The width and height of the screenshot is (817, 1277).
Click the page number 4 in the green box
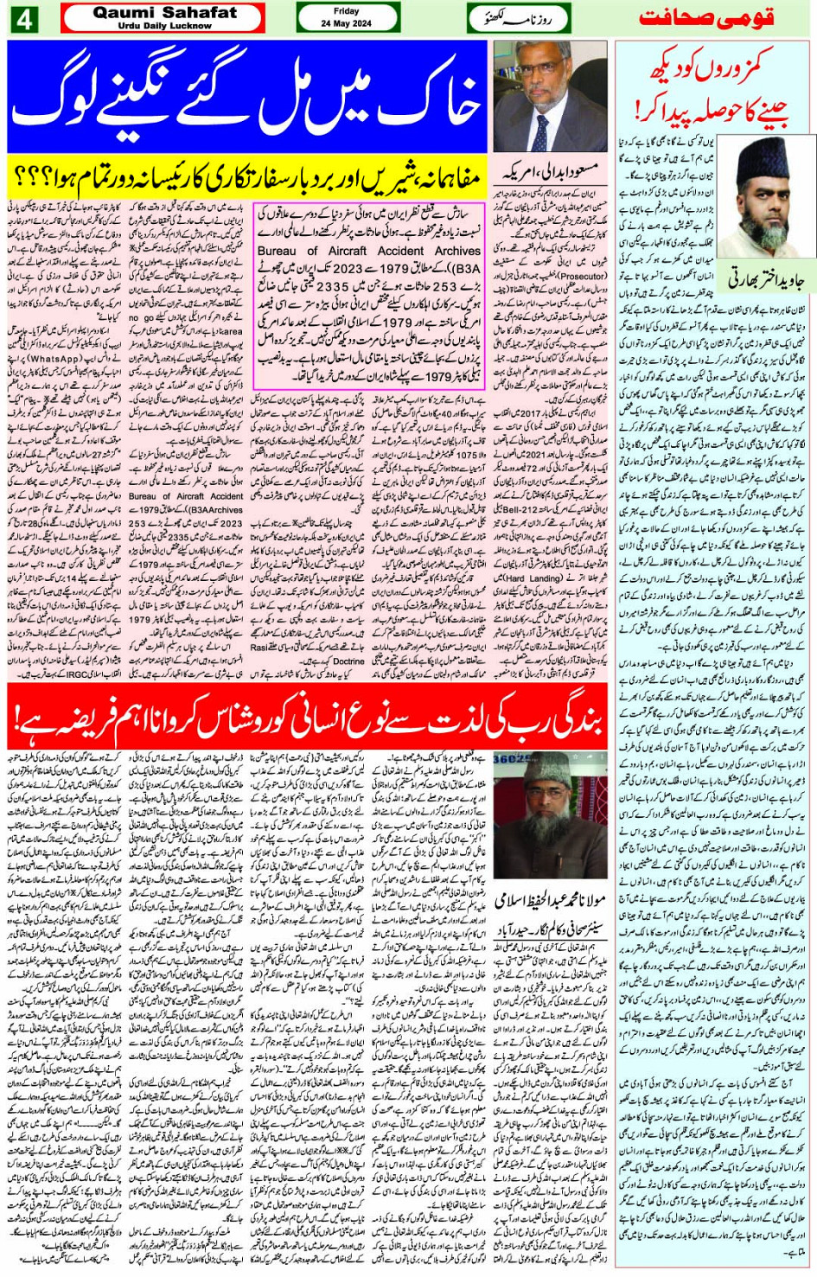tap(23, 18)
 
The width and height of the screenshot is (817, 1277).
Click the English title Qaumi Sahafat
tap(164, 12)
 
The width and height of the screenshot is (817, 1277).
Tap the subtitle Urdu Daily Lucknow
tap(164, 26)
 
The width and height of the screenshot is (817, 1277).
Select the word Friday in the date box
tap(346, 11)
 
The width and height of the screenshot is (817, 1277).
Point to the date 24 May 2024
tap(346, 23)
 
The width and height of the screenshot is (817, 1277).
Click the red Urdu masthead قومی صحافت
tap(706, 18)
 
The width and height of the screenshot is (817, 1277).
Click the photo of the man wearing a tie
tap(550, 95)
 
